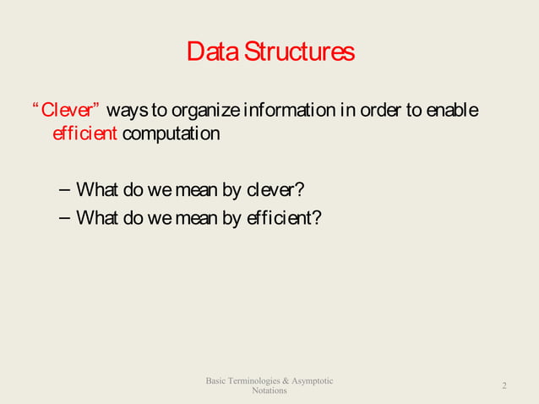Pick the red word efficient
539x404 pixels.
coord(84,134)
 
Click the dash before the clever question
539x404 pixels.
coord(65,188)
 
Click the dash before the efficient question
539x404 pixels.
coord(65,217)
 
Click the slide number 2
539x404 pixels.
coord(504,385)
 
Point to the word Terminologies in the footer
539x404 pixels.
coord(259,381)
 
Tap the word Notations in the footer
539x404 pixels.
coord(269,390)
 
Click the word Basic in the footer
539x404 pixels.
coord(218,381)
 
